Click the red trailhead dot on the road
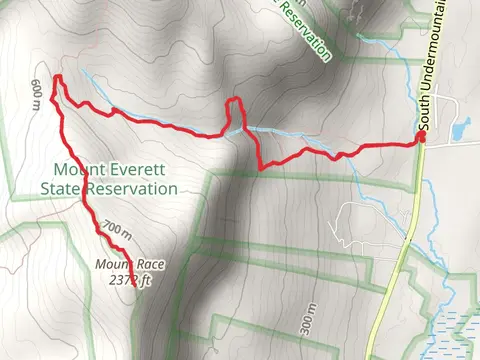[421, 138]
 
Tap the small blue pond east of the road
[460, 128]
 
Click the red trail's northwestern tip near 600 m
[57, 77]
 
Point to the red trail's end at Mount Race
[128, 247]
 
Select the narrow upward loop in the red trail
[234, 110]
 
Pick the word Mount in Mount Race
[112, 265]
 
